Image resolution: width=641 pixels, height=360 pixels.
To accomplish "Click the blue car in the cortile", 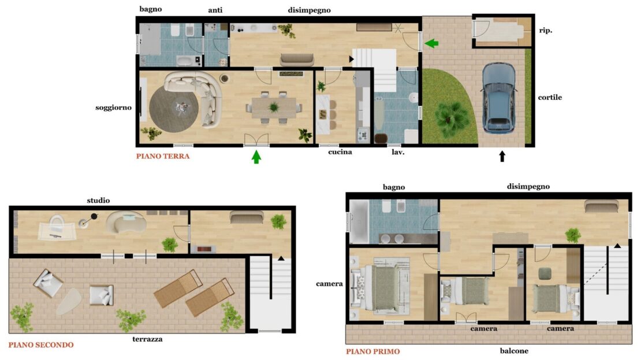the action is coord(498,98).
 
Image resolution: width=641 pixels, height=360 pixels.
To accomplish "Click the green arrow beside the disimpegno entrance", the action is coord(431,43).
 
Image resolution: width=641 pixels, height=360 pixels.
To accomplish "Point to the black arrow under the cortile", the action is coord(502,156).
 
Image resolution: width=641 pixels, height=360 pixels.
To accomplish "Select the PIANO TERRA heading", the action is coord(163,156).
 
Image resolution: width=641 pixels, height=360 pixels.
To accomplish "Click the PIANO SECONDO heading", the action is coord(41,345).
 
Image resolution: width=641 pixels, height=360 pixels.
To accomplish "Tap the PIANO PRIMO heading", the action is coord(373,351).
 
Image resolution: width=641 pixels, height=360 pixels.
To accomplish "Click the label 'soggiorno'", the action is coord(113,108).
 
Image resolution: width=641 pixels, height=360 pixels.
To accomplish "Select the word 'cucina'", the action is coord(340,152).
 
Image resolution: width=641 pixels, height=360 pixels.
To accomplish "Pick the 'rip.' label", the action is coord(545,30).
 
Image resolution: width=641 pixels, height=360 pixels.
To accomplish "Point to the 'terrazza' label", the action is coord(147,339).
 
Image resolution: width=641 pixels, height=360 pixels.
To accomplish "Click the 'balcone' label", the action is coord(514,351).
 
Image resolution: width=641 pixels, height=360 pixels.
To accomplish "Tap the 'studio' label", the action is coord(98,201).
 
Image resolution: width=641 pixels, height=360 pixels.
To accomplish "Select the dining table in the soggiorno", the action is coord(274,107).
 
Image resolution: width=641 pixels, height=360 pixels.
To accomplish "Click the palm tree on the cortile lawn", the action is coord(452,118).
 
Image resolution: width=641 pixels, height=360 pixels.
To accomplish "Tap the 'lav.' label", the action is coord(398,152).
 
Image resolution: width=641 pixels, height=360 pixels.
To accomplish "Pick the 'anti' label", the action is coord(215,10).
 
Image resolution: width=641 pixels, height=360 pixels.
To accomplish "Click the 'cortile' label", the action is coord(550,97).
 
